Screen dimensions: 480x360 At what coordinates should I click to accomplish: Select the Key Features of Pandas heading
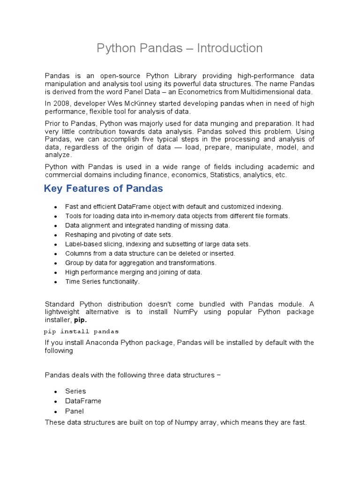104,188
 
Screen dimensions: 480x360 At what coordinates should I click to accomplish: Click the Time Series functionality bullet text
102,282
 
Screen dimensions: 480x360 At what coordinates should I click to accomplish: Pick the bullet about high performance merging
134,272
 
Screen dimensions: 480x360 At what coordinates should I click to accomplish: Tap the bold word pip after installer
81,320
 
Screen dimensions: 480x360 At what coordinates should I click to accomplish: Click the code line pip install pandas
82,331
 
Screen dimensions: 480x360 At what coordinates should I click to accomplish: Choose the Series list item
75,391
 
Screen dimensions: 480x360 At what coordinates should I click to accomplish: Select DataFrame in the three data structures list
83,401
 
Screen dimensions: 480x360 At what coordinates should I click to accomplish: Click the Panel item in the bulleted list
75,412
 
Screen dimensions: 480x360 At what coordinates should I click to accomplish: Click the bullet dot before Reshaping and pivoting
55,235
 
